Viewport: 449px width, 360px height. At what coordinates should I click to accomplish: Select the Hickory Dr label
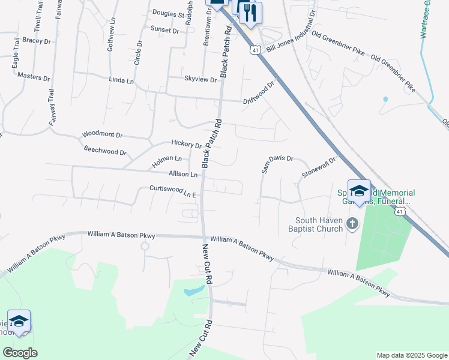pos(186,144)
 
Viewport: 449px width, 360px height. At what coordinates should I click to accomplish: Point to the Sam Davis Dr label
pos(277,163)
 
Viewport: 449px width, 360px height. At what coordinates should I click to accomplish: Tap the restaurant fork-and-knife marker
pos(250,12)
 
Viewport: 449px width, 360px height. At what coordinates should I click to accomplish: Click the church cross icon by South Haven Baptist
pos(352,224)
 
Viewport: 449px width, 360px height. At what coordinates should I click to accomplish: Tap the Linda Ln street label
pos(121,80)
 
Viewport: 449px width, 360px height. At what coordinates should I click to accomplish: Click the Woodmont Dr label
pos(102,135)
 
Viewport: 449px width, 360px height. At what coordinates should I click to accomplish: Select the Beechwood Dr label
pos(105,152)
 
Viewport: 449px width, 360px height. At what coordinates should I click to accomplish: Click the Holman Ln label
pos(166,160)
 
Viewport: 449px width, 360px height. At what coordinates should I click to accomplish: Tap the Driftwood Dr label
pos(258,92)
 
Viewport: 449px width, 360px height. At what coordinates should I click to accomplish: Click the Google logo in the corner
pos(20,353)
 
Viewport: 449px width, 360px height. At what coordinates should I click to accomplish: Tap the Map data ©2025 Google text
pos(411,355)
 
